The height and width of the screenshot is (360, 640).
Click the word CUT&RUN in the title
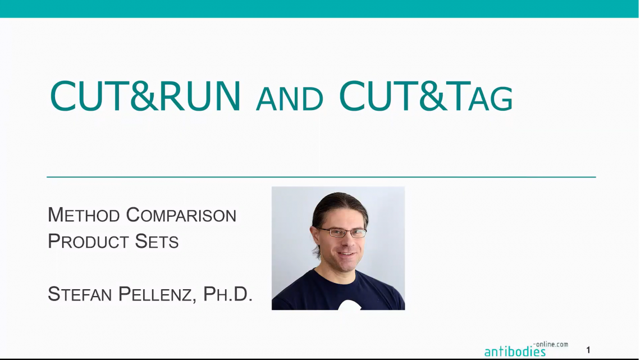tap(145, 97)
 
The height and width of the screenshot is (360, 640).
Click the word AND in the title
tap(290, 100)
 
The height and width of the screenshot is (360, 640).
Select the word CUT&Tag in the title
tap(426, 97)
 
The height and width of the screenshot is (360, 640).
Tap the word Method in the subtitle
tap(84, 215)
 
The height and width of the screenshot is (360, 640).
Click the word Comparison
tap(181, 215)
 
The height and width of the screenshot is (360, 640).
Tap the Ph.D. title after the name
tap(227, 294)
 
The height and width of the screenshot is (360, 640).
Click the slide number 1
tap(588, 350)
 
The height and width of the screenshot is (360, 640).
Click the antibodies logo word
tap(515, 352)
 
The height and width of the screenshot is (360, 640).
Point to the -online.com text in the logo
tap(551, 344)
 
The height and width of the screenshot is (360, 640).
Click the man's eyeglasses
tap(342, 231)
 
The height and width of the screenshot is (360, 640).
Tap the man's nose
tap(344, 240)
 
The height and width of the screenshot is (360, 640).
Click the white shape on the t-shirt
tap(349, 305)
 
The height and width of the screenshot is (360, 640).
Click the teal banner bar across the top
tap(320, 8)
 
